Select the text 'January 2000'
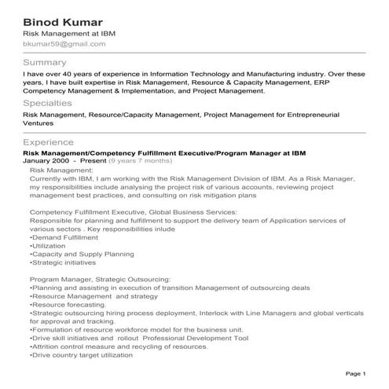click(46, 160)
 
